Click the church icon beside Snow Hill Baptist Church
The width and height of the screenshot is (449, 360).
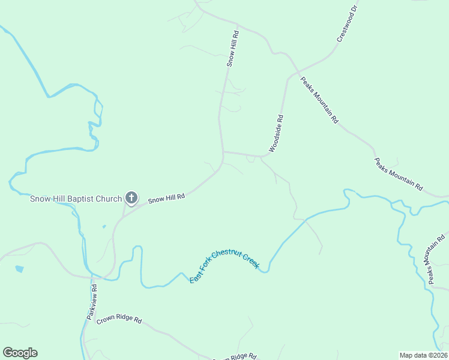(x=131, y=198)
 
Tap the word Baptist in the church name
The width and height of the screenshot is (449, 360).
(x=82, y=199)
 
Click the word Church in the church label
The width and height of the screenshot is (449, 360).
(x=110, y=199)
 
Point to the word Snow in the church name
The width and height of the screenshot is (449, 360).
(x=41, y=199)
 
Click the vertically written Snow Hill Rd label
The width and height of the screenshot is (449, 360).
(x=233, y=47)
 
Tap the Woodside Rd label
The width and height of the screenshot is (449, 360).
(x=276, y=133)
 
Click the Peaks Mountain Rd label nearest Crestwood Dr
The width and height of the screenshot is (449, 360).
(x=319, y=100)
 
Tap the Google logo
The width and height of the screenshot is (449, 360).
(x=20, y=353)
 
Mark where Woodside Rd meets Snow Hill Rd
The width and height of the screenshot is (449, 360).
(x=223, y=152)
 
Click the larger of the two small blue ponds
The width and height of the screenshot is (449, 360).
(x=19, y=269)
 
